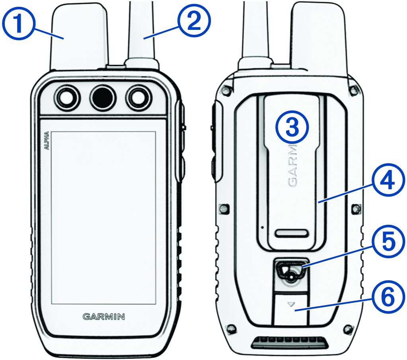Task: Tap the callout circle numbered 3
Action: pos(292,127)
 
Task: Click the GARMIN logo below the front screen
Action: pos(103,317)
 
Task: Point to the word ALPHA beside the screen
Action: pos(47,140)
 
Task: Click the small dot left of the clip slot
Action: pos(263,228)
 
